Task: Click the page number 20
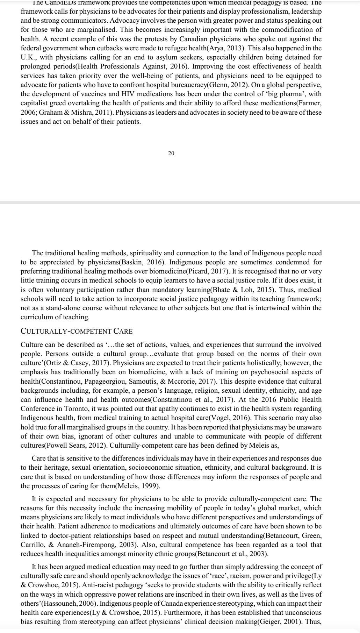[171, 153]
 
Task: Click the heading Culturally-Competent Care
[77, 331]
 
